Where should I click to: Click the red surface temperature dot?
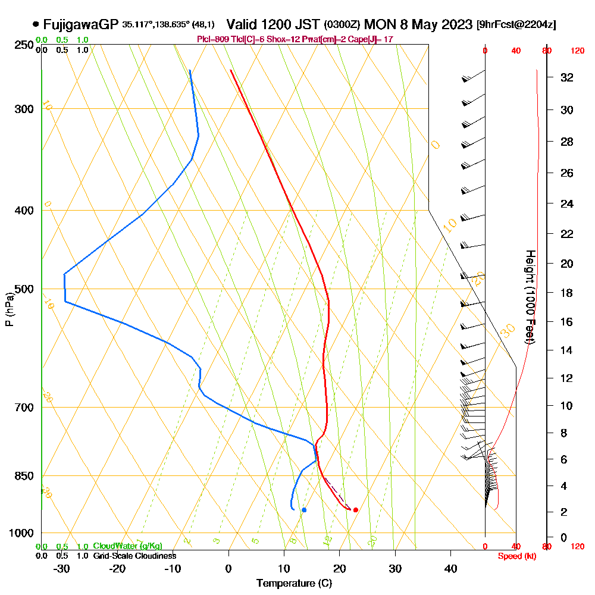point(355,509)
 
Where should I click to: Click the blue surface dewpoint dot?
point(304,510)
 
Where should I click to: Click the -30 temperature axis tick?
point(61,568)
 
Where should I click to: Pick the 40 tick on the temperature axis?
point(450,568)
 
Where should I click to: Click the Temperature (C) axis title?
point(294,584)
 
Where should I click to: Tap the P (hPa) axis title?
point(9,309)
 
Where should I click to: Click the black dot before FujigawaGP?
point(36,24)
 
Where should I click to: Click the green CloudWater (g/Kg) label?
point(127,546)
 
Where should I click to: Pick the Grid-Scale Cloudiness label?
point(134,556)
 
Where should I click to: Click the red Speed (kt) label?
point(515,556)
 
